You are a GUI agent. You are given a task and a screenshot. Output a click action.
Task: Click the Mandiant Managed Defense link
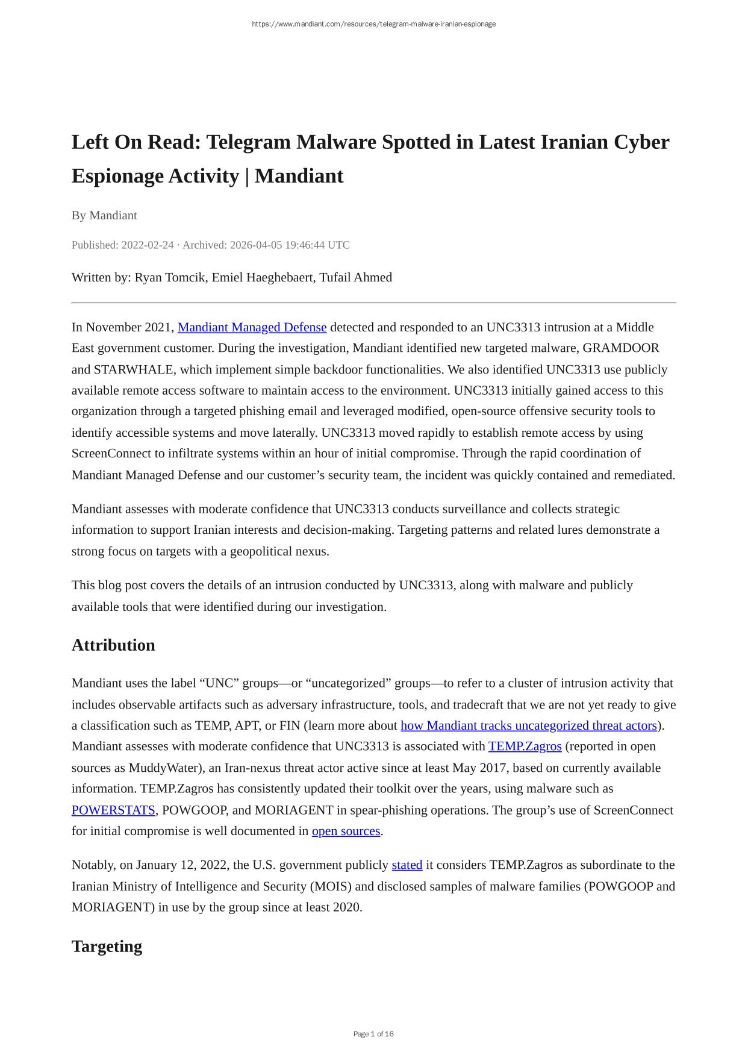point(252,327)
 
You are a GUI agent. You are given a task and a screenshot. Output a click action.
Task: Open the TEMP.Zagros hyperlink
point(525,747)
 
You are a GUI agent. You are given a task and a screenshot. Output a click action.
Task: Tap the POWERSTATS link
point(113,810)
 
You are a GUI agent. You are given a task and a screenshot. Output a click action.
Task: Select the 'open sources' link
point(346,831)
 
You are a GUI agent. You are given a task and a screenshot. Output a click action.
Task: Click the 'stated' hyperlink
point(407,865)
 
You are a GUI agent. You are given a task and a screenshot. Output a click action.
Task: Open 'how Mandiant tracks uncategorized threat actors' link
point(528,725)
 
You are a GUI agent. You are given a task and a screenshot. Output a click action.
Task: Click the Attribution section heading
point(113,645)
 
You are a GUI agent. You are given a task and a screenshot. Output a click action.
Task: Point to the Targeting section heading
point(107,947)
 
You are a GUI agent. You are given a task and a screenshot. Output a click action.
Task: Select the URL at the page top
point(373,24)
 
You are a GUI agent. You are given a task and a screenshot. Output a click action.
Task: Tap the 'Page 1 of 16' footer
point(373,1034)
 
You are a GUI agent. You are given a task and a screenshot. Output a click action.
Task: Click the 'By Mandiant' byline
point(104,216)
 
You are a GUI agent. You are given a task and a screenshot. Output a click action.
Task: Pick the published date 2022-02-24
point(147,245)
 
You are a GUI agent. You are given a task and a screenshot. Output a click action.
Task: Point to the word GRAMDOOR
point(620,348)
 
